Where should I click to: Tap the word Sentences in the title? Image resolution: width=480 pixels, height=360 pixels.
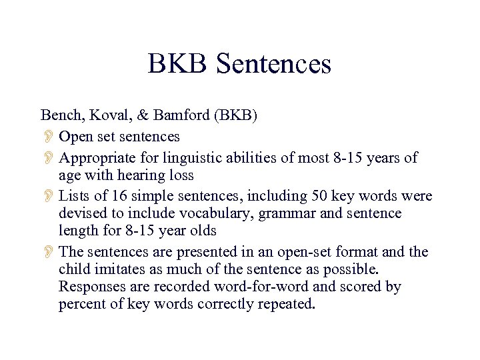(274, 64)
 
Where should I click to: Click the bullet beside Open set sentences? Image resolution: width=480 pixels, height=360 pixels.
(48, 137)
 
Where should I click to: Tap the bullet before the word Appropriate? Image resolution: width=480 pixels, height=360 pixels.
(48, 159)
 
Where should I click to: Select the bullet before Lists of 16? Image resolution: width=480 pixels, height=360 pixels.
(48, 197)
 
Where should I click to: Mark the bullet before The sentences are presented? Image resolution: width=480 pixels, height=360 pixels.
(48, 253)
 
